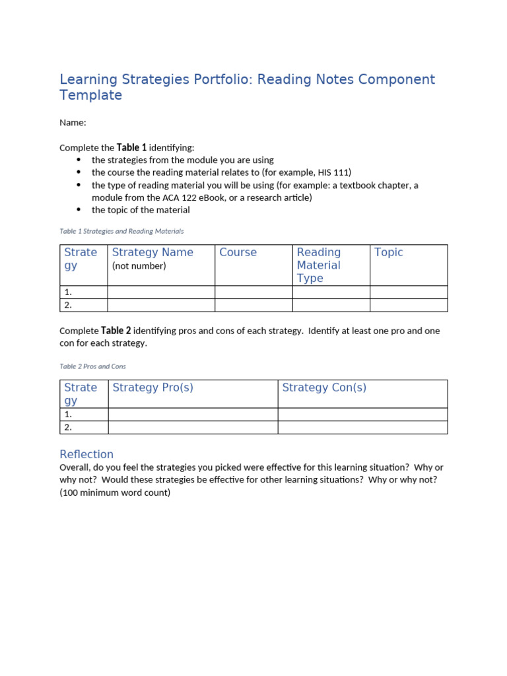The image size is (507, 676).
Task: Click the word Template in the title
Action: [90, 95]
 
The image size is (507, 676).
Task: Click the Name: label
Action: [73, 123]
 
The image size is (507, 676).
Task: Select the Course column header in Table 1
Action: [238, 252]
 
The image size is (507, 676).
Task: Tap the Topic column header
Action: [388, 252]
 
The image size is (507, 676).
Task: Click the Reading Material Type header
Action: [319, 265]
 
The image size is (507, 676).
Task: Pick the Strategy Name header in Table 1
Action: [152, 252]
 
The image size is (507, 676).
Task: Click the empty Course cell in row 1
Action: [253, 292]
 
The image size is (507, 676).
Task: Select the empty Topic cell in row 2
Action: [408, 305]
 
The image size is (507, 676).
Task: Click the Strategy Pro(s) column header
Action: [152, 388]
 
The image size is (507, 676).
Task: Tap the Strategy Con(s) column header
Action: [323, 388]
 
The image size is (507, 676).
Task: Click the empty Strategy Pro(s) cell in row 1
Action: [192, 415]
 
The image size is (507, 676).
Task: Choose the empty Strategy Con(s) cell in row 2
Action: [362, 428]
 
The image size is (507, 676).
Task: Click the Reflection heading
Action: [86, 454]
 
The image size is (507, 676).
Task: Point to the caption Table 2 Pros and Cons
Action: [92, 366]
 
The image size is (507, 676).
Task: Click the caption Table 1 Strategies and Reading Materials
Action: [121, 231]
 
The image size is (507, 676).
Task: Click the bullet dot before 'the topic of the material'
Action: [79, 210]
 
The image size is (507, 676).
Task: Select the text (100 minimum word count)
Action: [115, 492]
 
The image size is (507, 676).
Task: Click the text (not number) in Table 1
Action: [139, 266]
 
